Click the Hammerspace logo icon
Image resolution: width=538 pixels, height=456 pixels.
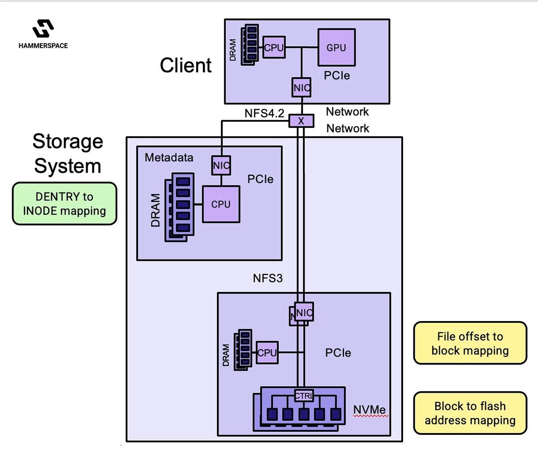pos(43,29)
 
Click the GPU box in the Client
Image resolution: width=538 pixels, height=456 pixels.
pos(336,48)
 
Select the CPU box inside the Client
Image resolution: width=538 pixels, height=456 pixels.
pos(274,48)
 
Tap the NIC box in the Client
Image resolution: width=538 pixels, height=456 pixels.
pos(302,87)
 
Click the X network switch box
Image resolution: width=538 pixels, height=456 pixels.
pos(301,121)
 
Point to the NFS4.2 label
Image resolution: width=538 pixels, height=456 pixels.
pos(264,113)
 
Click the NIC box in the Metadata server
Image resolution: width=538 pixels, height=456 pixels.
pos(221,165)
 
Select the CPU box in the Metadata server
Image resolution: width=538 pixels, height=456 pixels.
pos(221,204)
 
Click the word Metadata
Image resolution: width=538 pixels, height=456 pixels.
pos(169,158)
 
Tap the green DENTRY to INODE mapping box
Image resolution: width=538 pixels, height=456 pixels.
pos(65,204)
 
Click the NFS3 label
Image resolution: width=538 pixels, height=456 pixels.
pos(268,278)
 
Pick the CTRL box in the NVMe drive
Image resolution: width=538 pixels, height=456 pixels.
pos(304,395)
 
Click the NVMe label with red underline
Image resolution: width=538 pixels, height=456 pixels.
pos(369,410)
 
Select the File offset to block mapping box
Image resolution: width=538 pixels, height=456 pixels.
pos(470,343)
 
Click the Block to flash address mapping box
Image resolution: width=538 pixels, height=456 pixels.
pos(470,413)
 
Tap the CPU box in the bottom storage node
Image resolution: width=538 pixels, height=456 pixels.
pos(267,352)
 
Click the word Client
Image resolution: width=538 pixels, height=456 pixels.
pos(186,65)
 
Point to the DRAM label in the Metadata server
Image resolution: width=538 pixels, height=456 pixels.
pos(156,210)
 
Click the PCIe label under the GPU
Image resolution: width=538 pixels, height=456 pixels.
pos(337,75)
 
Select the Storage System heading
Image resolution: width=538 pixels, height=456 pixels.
pos(68,153)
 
